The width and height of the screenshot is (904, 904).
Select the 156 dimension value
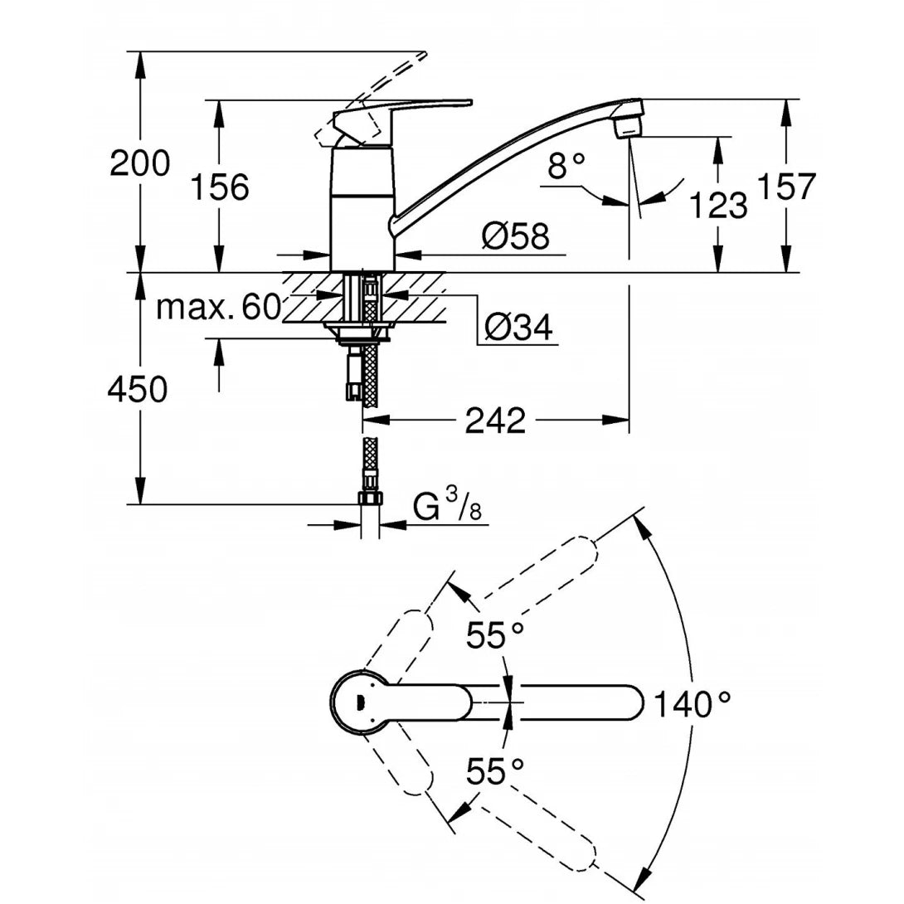tap(220, 188)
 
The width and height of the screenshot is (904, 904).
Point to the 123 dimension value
tap(718, 205)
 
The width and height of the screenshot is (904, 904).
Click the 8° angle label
tap(566, 168)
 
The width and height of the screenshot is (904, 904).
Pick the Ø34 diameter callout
tap(518, 328)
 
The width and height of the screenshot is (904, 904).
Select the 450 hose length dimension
tap(137, 388)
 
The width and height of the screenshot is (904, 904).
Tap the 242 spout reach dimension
tap(495, 420)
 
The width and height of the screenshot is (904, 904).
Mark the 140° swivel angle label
tap(693, 705)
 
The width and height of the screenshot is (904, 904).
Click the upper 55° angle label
tap(495, 636)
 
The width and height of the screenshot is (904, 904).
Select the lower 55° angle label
tap(495, 772)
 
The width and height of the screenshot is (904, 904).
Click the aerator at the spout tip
tap(629, 127)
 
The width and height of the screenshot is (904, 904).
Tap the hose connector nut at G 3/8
tap(370, 499)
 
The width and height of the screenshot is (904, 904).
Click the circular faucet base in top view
tap(358, 702)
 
